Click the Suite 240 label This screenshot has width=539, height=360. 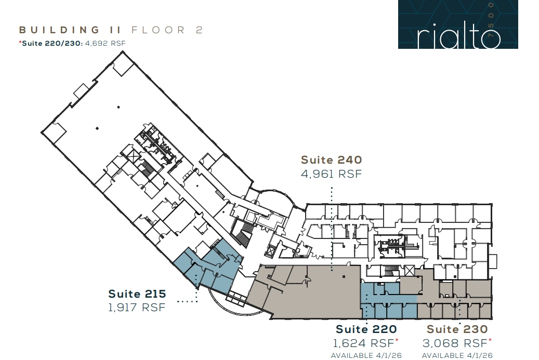[x=331, y=160]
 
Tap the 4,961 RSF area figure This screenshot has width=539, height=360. [x=331, y=174]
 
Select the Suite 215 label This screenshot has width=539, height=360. [x=137, y=294]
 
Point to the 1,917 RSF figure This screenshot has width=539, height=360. [x=137, y=308]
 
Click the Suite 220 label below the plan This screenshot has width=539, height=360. [x=366, y=329]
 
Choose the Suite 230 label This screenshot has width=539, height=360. [x=457, y=329]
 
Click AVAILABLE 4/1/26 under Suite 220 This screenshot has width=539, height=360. [x=366, y=356]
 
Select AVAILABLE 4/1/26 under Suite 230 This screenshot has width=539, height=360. [x=457, y=356]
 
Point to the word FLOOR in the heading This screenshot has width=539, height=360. [x=159, y=30]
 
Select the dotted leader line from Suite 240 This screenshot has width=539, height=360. [x=331, y=229]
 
